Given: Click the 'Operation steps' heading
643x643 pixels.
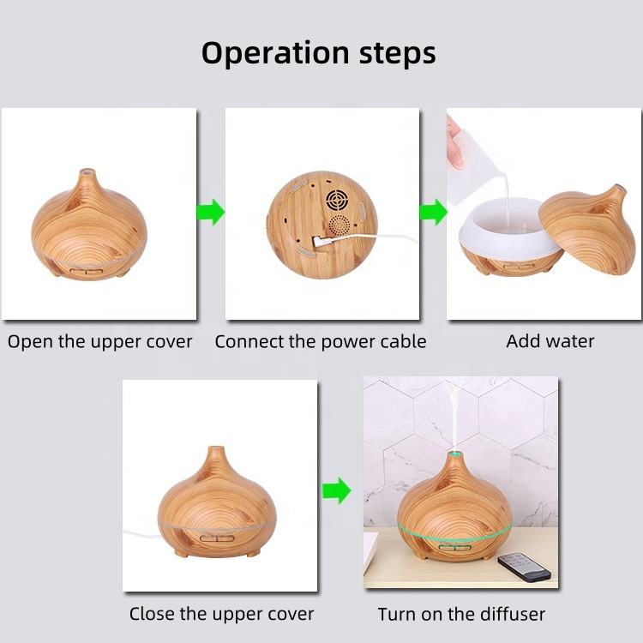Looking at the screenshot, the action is (319, 53).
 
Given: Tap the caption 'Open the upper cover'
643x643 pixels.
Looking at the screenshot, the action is (99, 342).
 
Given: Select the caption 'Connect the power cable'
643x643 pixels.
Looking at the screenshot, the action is (321, 342).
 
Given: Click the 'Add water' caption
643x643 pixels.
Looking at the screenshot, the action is (550, 341).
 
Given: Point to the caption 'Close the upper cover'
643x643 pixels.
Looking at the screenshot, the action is (221, 615).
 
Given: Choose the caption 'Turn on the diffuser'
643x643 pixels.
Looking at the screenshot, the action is (461, 615).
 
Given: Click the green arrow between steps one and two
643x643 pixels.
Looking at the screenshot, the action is (211, 212).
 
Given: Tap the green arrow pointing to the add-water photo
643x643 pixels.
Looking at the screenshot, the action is (434, 212).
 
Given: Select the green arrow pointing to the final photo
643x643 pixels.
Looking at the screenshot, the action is (337, 490).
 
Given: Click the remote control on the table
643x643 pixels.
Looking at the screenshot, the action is (524, 567).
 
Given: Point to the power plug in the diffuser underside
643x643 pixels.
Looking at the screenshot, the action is (320, 242).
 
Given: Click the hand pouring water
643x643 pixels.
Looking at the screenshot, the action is (454, 141).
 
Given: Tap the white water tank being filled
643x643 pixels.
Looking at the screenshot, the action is (508, 229).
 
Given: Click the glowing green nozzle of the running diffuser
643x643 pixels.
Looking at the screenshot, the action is (454, 454).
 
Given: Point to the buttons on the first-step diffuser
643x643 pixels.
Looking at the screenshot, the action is (86, 271).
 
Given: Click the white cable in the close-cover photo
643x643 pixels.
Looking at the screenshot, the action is (141, 534).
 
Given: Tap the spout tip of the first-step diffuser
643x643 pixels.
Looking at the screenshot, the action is (87, 171).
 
